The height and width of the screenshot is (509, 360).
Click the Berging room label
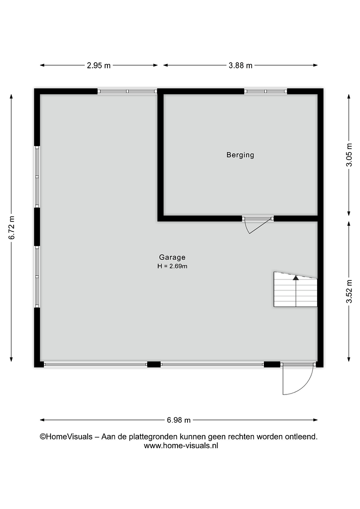coord(240,155)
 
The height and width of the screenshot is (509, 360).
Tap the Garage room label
coord(172,257)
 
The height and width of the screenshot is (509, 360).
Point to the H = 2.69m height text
coord(172,266)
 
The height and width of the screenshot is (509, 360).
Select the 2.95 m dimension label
coord(98,66)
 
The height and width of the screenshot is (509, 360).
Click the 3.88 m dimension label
coord(240,66)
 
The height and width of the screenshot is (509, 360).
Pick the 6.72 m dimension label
coord(12,228)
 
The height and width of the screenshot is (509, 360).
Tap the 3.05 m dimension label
coord(349,155)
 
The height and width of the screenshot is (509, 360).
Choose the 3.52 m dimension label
coord(349,291)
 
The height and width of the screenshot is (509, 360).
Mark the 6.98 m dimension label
coord(179,420)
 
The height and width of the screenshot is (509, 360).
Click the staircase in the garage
coord(295,289)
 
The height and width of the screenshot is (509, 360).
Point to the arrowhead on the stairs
coord(296,278)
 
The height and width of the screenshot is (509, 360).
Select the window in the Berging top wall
coord(266,91)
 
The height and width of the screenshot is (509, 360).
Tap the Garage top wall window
coord(127,91)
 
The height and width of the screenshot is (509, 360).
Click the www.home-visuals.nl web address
coord(181,446)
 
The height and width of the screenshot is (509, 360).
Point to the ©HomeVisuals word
coord(66,437)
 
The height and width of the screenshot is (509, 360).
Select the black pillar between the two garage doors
coord(154,364)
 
